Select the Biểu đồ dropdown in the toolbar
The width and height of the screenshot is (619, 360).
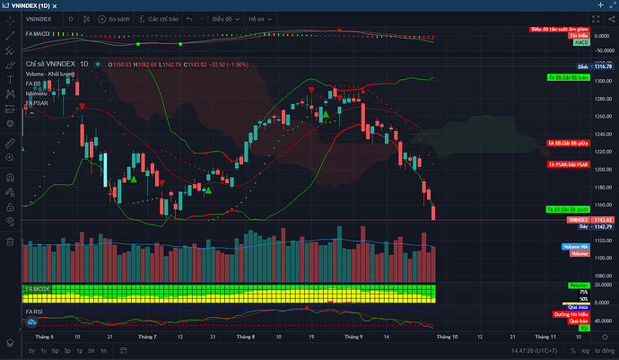click(226, 17)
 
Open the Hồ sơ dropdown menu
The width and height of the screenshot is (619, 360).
click(260, 17)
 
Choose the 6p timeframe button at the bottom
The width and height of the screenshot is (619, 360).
click(55, 349)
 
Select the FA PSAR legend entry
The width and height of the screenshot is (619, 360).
click(38, 102)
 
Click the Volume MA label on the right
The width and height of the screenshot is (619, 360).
click(575, 247)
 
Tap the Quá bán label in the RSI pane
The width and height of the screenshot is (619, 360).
click(579, 320)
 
